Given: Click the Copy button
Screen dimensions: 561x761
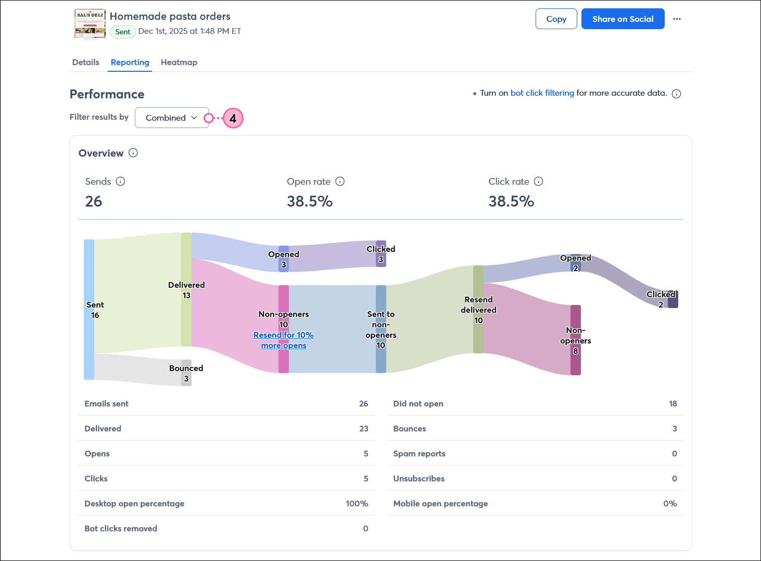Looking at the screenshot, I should [x=556, y=19].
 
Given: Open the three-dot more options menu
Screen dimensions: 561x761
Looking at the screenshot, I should [x=677, y=19].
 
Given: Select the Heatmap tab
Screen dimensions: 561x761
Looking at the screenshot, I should [x=179, y=62].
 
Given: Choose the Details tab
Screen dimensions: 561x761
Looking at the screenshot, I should [x=85, y=62].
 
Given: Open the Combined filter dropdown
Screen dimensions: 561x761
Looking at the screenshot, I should [x=172, y=118].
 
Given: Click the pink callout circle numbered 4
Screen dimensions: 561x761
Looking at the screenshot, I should [x=233, y=119].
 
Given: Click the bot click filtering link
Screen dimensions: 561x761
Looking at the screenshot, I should [x=542, y=93].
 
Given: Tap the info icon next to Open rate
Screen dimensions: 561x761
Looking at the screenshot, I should [x=340, y=182].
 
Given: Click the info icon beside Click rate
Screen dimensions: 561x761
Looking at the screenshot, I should [x=539, y=182].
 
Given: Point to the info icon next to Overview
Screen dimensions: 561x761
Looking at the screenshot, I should [x=133, y=153].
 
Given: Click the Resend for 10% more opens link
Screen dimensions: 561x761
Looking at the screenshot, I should [x=284, y=340].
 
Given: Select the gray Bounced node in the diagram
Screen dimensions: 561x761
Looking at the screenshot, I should [x=186, y=373].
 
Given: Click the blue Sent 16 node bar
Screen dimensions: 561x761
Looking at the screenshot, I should [x=89, y=310].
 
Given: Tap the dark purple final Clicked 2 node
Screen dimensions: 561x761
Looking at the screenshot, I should [x=673, y=299].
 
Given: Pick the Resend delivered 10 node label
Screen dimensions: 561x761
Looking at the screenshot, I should [x=478, y=310].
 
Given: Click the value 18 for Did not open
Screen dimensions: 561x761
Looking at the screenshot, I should [x=673, y=404].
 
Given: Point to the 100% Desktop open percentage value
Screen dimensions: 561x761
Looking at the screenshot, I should [x=357, y=504].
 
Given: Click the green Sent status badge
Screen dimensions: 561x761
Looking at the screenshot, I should [x=123, y=32].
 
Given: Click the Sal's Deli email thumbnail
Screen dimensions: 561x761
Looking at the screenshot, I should [x=90, y=24].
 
